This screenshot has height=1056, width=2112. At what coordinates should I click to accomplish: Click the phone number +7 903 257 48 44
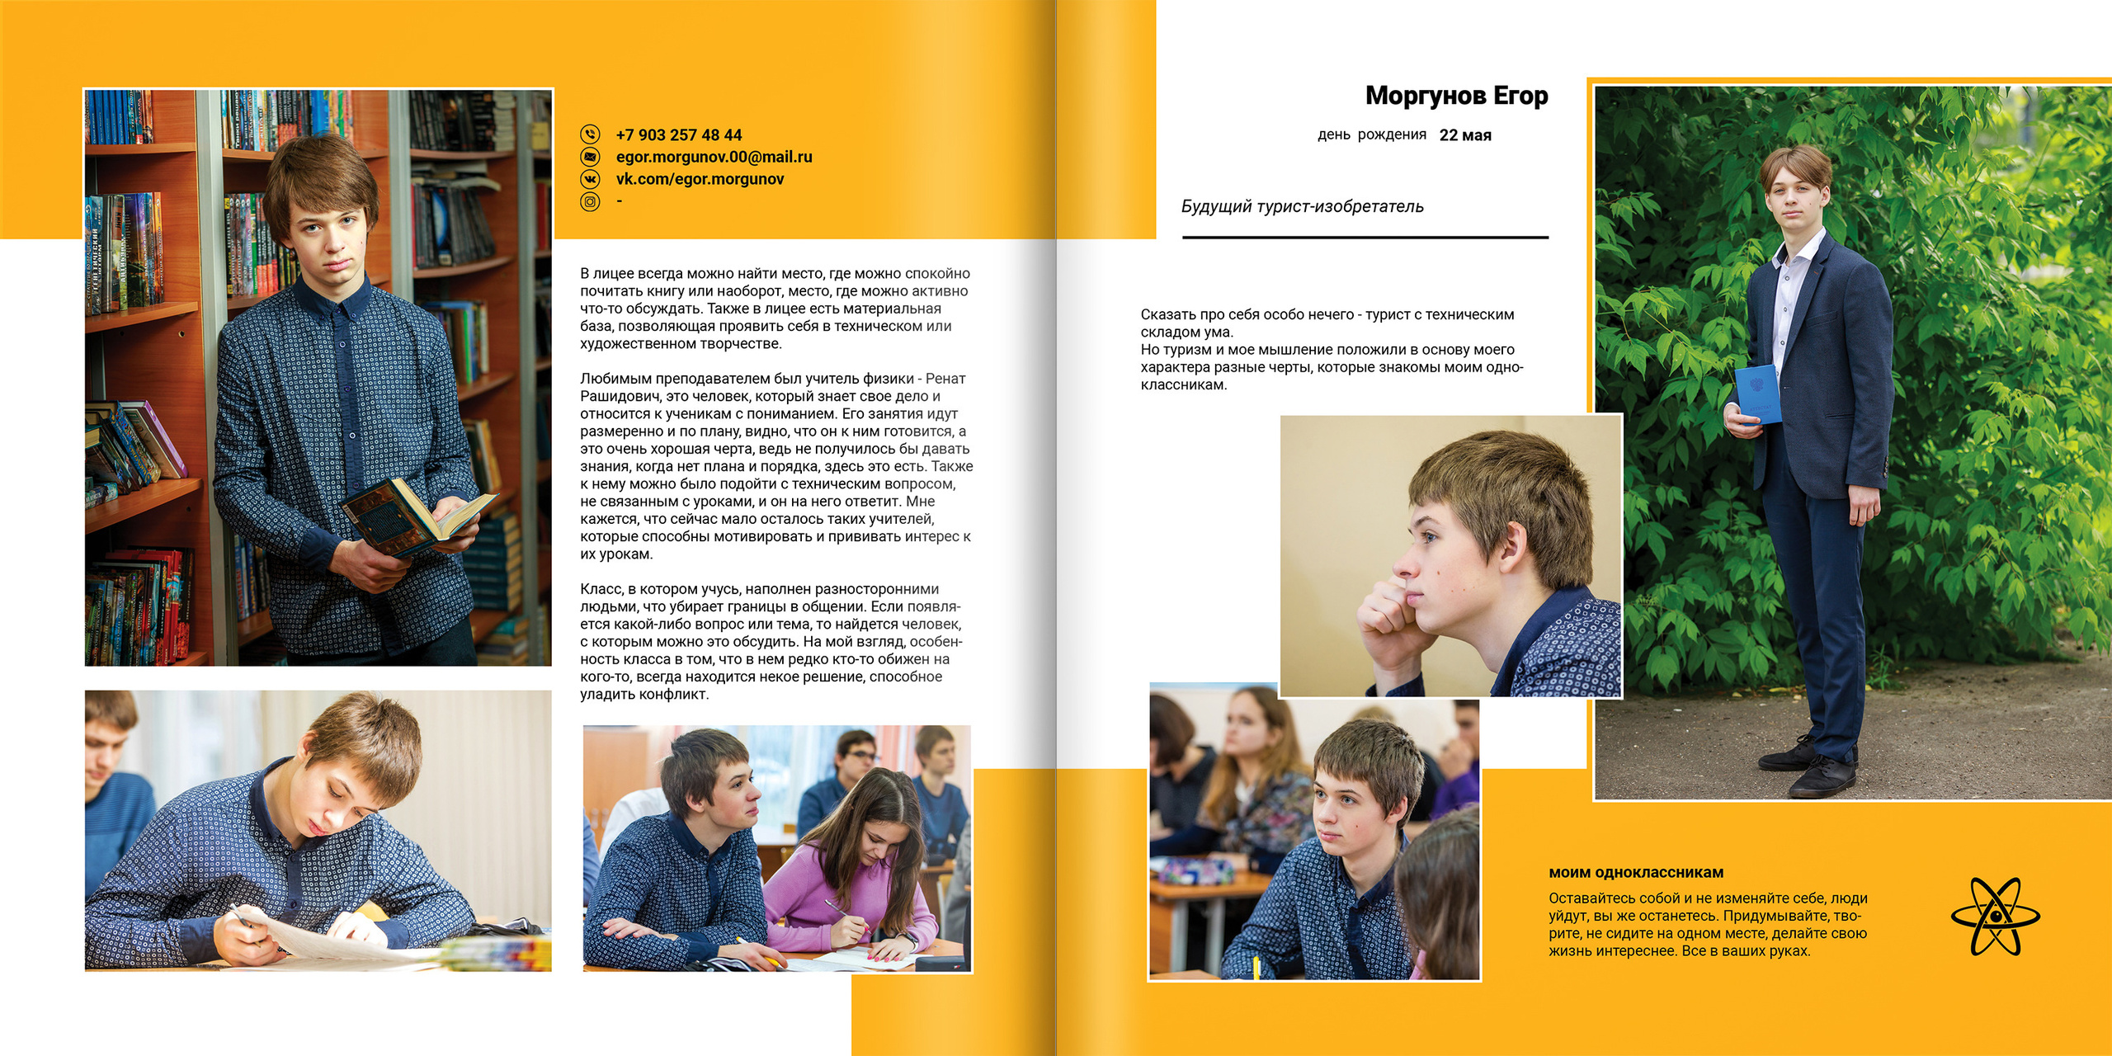[x=678, y=134]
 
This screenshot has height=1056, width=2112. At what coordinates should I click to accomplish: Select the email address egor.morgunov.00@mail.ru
[x=714, y=157]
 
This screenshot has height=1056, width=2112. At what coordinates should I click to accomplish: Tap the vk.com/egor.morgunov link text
[x=700, y=179]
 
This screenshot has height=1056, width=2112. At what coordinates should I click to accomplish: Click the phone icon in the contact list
[x=590, y=134]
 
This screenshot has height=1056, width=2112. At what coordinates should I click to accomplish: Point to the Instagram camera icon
[x=590, y=201]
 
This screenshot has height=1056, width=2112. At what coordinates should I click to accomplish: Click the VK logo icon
[x=590, y=179]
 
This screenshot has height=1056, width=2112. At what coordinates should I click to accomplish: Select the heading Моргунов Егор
[x=1456, y=96]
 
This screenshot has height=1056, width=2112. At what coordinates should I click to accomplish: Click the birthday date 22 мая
[x=1465, y=135]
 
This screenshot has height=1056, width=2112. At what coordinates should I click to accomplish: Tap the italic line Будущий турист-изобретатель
[x=1302, y=206]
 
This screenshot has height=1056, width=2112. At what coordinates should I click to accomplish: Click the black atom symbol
[x=1995, y=916]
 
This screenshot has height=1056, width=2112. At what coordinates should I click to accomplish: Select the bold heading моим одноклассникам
[x=1635, y=872]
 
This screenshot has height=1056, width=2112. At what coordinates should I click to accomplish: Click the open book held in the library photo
[x=417, y=516]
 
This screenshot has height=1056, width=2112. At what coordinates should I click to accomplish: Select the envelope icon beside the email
[x=590, y=157]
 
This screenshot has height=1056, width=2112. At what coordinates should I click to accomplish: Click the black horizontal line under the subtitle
[x=1365, y=238]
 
